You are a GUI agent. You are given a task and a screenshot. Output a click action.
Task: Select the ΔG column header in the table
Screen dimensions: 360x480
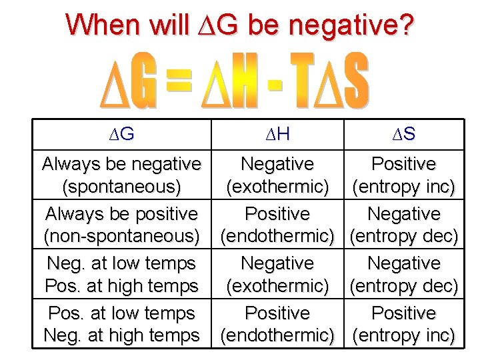(122, 134)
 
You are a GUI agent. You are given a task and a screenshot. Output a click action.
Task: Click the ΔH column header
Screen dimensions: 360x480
(277, 134)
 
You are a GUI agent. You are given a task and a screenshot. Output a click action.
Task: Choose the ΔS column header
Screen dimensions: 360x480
(403, 134)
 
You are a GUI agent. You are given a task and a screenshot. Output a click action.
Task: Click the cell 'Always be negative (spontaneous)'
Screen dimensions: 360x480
(121, 175)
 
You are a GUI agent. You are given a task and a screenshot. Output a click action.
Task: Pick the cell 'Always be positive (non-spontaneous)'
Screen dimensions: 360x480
(121, 225)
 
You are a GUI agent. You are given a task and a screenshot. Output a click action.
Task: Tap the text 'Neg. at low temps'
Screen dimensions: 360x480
(121, 263)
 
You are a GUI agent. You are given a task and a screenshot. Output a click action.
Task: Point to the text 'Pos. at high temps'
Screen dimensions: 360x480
(121, 286)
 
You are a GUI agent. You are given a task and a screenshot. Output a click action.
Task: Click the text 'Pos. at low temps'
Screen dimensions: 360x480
(121, 313)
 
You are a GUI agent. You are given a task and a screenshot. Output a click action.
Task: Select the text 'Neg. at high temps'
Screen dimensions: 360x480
(121, 335)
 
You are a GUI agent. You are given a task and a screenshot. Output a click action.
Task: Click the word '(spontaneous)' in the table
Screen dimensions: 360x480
(121, 187)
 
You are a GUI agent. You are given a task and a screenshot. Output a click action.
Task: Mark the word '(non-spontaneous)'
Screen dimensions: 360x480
(121, 236)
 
